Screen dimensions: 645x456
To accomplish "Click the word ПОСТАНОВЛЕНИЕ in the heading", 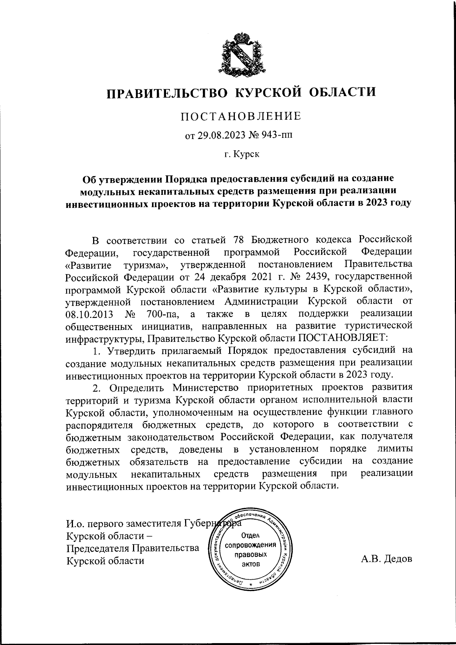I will [x=241, y=116].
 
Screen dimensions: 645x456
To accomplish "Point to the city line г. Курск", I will [x=242, y=155].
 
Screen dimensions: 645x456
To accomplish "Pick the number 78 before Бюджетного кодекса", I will [x=237, y=240].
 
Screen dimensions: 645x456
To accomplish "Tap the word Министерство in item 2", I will [x=206, y=388].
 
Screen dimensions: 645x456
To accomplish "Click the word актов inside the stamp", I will [x=250, y=564].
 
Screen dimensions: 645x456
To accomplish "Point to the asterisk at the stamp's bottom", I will [x=250, y=585].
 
